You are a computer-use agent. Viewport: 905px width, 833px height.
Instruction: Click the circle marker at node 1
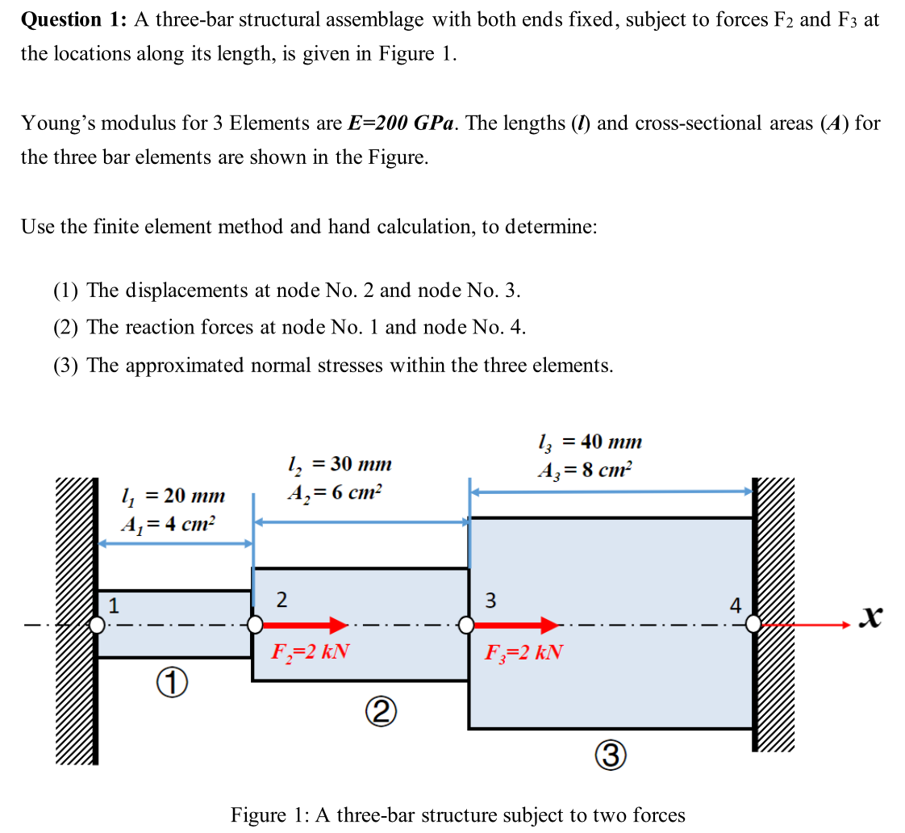pyautogui.click(x=97, y=624)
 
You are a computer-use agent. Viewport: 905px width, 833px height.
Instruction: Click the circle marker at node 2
pyautogui.click(x=255, y=624)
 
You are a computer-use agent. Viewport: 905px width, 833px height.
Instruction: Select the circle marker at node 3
pyautogui.click(x=466, y=624)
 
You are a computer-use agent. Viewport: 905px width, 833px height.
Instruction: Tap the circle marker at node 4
pyautogui.click(x=753, y=624)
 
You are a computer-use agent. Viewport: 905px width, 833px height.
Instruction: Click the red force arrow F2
pyautogui.click(x=305, y=624)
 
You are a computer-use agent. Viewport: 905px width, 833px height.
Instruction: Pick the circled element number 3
pyautogui.click(x=611, y=756)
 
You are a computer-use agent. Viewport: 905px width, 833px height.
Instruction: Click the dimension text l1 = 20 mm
pyautogui.click(x=172, y=495)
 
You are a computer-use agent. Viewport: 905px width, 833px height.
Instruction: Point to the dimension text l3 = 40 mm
pyautogui.click(x=589, y=442)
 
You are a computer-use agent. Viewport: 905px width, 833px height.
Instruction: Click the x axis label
pyautogui.click(x=869, y=617)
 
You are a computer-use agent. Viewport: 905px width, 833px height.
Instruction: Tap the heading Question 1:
pyautogui.click(x=73, y=20)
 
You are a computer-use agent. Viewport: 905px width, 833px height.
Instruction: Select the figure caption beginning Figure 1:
pyautogui.click(x=457, y=814)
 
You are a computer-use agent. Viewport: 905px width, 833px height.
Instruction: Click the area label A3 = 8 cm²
pyautogui.click(x=586, y=468)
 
